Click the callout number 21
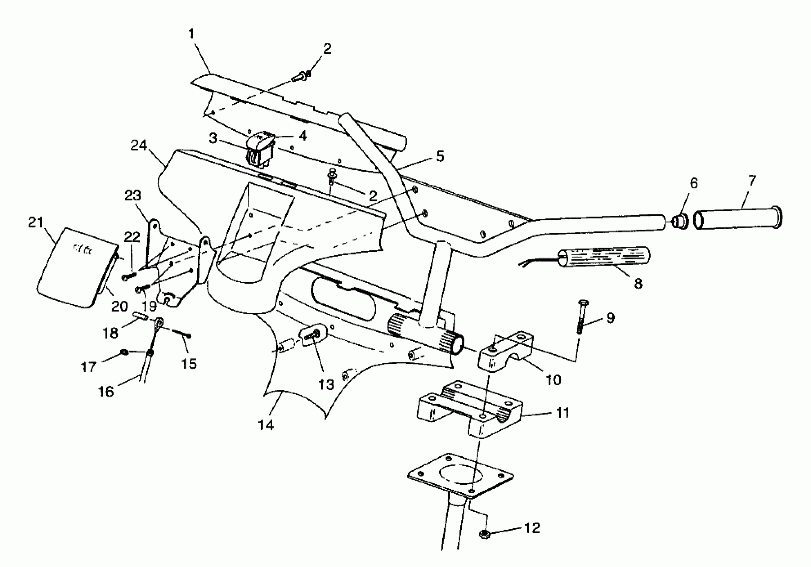pyautogui.click(x=35, y=223)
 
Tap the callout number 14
pyautogui.click(x=266, y=425)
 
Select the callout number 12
pyautogui.click(x=532, y=528)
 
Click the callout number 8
pyautogui.click(x=638, y=283)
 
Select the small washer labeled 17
pyautogui.click(x=125, y=352)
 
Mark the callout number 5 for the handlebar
pyautogui.click(x=440, y=156)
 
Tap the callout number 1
pyautogui.click(x=191, y=34)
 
